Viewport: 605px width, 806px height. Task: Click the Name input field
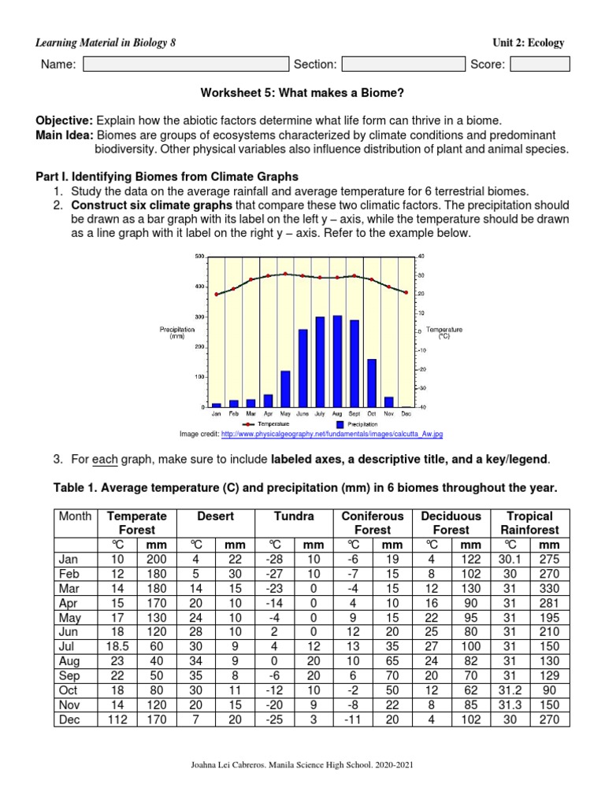tap(186, 65)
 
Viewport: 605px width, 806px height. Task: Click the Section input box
tap(403, 65)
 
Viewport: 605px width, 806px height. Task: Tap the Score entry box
tap(540, 65)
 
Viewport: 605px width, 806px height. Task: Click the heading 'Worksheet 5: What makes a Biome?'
tap(302, 93)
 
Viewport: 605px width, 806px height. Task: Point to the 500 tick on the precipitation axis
tap(199, 257)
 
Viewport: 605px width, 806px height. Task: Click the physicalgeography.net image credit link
tap(332, 434)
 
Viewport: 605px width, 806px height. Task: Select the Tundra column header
tap(294, 516)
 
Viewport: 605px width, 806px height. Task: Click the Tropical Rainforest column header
tap(529, 523)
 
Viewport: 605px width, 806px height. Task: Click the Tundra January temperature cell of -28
tap(275, 558)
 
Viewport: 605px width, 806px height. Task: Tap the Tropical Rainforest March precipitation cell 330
tap(549, 587)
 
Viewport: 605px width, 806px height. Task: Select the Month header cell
tap(75, 516)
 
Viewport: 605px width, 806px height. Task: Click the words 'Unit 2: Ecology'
tap(527, 43)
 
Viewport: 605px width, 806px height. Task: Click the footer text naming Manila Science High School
tap(302, 764)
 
